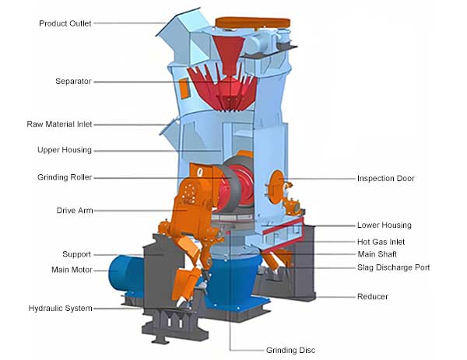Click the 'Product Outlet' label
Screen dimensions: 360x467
coord(65,23)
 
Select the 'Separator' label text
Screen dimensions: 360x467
coord(73,81)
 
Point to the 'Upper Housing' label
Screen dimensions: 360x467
coord(65,150)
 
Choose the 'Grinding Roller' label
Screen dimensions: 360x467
coord(65,177)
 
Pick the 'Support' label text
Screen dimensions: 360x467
coord(76,254)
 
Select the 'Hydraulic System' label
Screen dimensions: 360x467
coord(61,309)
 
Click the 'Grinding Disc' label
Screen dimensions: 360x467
coord(290,350)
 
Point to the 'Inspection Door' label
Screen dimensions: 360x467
coord(386,179)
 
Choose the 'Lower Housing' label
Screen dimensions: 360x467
coord(384,225)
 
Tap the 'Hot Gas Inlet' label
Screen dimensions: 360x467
coord(381,242)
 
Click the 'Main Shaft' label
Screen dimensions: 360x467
coord(377,254)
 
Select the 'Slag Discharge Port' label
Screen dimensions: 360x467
coord(393,268)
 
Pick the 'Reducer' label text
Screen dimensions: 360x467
coord(372,296)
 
